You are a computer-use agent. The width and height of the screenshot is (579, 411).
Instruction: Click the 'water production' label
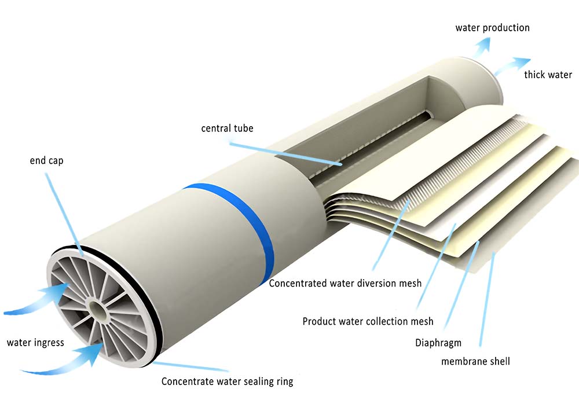492,28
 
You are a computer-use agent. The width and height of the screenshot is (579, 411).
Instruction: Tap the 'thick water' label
548,75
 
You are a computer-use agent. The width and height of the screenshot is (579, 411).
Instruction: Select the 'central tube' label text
227,128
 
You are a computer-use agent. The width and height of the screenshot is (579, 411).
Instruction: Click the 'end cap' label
46,160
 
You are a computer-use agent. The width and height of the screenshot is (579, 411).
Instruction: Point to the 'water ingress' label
35,343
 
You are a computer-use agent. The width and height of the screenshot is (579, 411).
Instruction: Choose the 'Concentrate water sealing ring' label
227,381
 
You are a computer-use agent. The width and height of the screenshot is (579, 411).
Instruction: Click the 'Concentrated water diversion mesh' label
345,283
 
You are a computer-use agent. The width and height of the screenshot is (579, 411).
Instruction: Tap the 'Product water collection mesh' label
368,321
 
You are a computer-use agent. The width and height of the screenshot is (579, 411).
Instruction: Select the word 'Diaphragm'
438,343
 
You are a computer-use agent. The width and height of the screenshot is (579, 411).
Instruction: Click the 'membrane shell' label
475,361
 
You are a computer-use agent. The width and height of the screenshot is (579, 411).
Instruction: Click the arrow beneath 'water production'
482,47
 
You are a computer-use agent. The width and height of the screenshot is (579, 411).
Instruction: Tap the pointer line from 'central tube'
284,153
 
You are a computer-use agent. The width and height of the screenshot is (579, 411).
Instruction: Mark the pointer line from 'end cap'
64,214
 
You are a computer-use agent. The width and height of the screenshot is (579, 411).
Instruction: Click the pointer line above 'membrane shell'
487,299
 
